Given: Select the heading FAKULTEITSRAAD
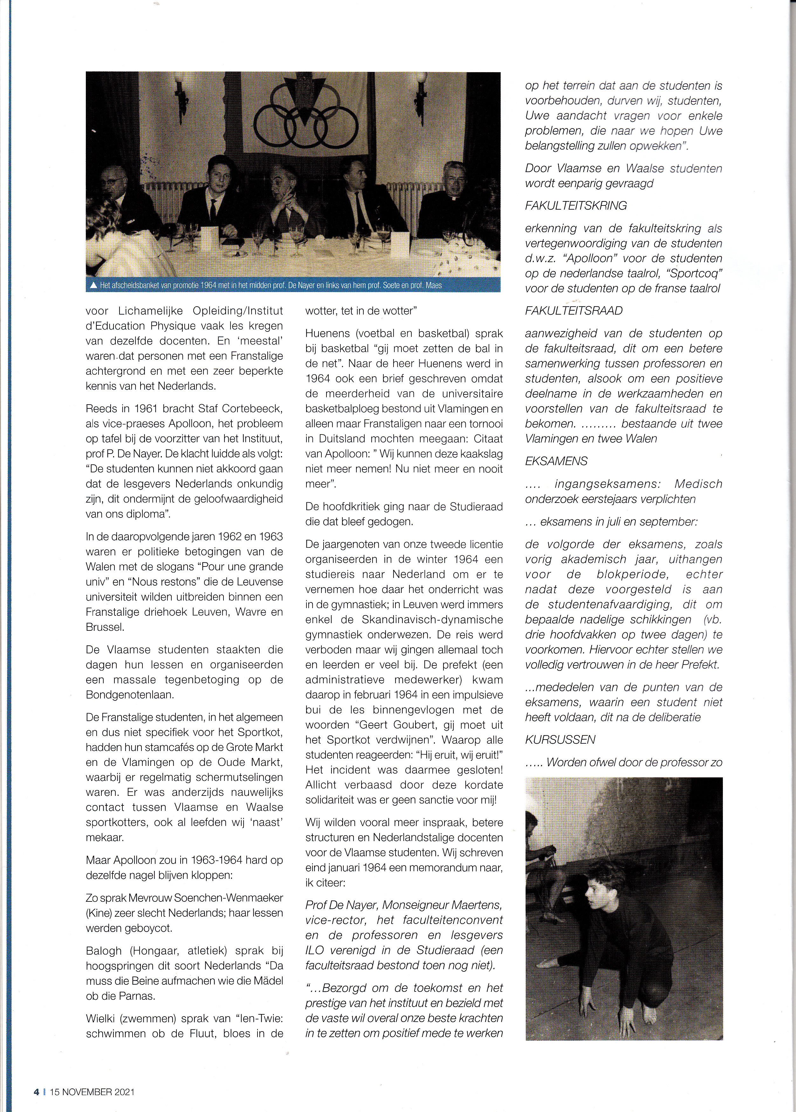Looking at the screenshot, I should [x=573, y=311].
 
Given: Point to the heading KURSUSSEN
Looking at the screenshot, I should [x=560, y=740].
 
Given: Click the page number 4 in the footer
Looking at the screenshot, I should [x=36, y=1092].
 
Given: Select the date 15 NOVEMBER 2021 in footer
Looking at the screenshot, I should [x=92, y=1092].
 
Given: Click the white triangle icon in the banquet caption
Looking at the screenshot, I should [x=93, y=285].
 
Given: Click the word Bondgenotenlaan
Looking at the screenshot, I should [x=129, y=695].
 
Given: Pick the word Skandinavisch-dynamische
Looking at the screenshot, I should [x=432, y=620].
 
